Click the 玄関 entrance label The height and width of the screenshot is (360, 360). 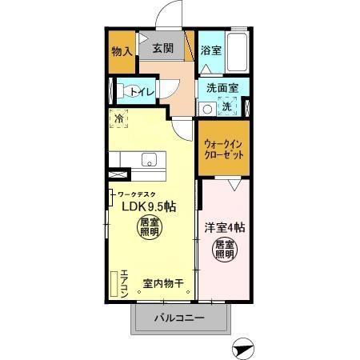click(163, 48)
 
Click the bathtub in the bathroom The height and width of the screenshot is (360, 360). click(238, 50)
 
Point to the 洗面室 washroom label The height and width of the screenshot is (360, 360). click(218, 88)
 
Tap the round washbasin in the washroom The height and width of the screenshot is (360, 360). click(206, 109)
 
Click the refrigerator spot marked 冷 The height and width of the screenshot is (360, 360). click(119, 119)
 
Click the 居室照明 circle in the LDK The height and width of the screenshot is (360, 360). click(149, 226)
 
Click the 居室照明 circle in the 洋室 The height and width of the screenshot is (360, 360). click(224, 249)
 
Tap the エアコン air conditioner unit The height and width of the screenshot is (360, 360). click(114, 281)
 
